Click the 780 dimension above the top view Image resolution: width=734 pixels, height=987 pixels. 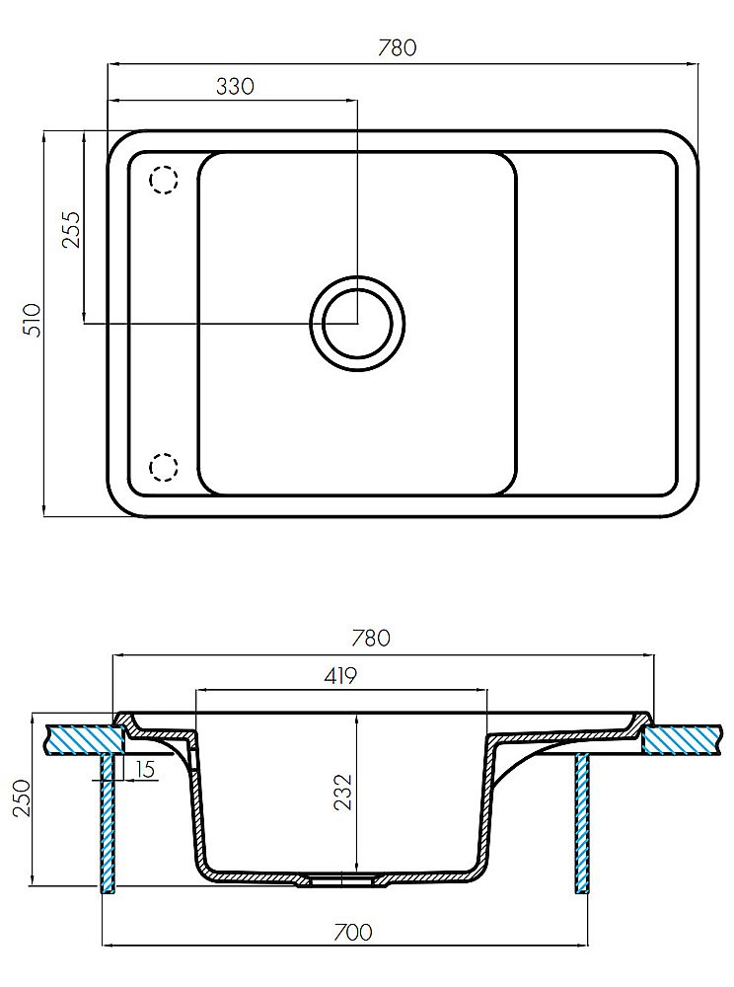point(397,47)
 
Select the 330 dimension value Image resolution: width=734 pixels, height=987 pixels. point(235,86)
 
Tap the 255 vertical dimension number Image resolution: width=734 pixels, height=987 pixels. point(72,229)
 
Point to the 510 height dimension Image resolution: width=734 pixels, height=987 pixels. point(32,320)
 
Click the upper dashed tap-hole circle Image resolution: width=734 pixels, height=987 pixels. point(164,180)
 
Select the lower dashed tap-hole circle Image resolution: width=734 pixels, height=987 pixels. point(164,467)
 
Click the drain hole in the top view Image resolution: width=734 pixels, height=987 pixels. point(357,324)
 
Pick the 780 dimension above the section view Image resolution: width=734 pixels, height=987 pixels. point(371,638)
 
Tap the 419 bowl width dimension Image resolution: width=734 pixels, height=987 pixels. point(340,675)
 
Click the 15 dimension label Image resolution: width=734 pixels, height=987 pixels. point(145,769)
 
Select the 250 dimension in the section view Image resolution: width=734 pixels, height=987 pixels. point(23,798)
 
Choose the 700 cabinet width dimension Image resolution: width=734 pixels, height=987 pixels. point(352,932)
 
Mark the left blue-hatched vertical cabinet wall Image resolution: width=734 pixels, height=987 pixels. point(109,823)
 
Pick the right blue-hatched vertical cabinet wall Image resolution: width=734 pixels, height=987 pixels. point(582,823)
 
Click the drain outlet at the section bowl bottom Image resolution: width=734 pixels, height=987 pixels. point(341,879)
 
